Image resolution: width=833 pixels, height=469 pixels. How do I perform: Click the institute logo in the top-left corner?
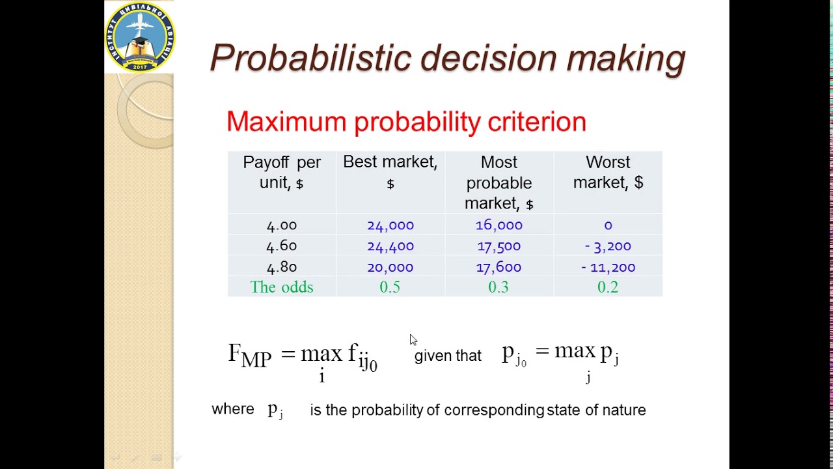[140, 37]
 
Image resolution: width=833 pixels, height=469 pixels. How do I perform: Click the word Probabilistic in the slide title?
[311, 58]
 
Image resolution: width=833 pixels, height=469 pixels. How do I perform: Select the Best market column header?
[390, 172]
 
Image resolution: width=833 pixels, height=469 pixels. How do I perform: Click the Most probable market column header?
[498, 182]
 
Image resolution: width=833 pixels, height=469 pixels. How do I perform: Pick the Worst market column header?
[608, 172]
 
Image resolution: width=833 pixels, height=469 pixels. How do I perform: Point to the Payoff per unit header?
[282, 172]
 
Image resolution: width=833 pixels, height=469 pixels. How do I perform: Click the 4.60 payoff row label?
[282, 246]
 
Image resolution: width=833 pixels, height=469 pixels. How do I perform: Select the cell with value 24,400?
[390, 246]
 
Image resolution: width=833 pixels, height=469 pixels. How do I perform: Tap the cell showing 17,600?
[498, 267]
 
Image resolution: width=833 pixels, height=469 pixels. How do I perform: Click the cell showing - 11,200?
[608, 267]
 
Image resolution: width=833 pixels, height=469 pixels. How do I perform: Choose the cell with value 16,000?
[498, 225]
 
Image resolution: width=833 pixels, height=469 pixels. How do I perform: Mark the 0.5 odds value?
[390, 287]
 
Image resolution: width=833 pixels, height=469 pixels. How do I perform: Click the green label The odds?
[282, 287]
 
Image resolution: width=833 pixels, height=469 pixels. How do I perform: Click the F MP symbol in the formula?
[249, 355]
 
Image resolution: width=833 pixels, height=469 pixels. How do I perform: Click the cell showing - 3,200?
[608, 246]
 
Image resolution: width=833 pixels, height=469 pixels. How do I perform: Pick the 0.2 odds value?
[608, 287]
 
